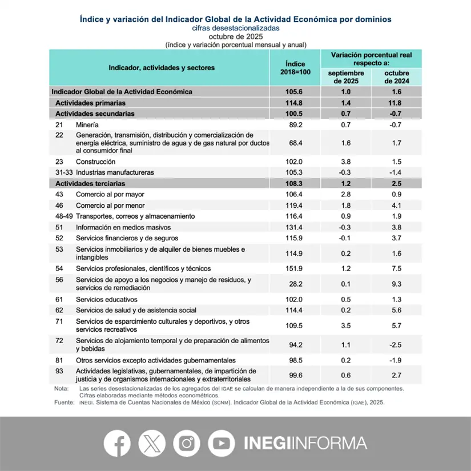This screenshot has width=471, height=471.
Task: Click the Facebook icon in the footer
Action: pyautogui.click(x=117, y=443)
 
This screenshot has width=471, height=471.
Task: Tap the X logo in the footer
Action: pyautogui.click(x=151, y=443)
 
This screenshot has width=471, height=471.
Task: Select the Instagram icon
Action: pyautogui.click(x=186, y=443)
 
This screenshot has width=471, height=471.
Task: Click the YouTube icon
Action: pyautogui.click(x=221, y=443)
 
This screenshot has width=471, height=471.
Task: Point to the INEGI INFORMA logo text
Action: pyautogui.click(x=305, y=443)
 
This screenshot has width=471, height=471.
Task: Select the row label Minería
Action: pyautogui.click(x=87, y=124)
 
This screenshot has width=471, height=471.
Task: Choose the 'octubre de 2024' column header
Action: pyautogui.click(x=397, y=77)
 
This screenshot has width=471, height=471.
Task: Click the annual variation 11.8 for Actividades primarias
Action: pyautogui.click(x=397, y=103)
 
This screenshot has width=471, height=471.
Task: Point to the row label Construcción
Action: pyautogui.click(x=95, y=162)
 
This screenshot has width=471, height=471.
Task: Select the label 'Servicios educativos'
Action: pyautogui.click(x=107, y=299)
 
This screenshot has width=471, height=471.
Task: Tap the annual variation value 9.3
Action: pyautogui.click(x=397, y=284)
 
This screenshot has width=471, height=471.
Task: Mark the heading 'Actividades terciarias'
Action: pyautogui.click(x=90, y=184)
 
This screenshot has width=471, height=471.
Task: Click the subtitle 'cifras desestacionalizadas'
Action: pyautogui.click(x=235, y=27)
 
